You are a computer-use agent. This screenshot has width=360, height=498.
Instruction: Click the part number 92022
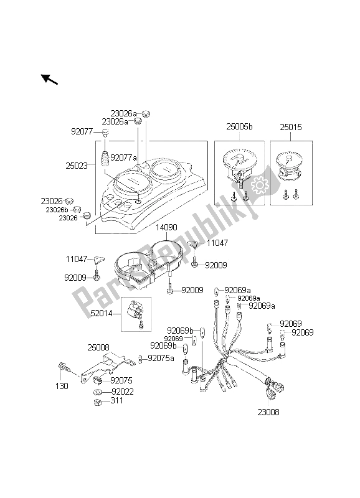tap(123, 392)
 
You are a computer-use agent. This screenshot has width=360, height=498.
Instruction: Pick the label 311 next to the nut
tap(117, 402)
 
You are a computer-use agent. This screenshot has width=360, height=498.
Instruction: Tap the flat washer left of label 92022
tap(100, 393)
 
